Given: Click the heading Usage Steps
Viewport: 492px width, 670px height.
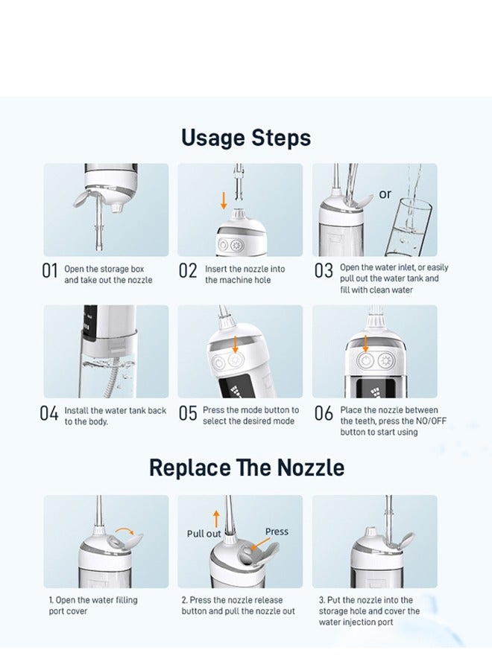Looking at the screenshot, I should point(246,138).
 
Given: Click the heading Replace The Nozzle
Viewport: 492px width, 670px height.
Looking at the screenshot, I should point(246,468).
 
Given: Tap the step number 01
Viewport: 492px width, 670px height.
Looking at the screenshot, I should point(49,272).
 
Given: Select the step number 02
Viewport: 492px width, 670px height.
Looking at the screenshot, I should point(188,272).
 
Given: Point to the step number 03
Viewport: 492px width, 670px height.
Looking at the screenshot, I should point(324,272).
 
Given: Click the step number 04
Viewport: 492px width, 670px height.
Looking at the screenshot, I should point(49,414).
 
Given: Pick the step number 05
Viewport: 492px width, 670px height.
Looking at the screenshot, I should point(188,414).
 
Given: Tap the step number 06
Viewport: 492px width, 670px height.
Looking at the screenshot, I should point(324,414).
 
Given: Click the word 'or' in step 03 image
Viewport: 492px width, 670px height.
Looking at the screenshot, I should point(385,194).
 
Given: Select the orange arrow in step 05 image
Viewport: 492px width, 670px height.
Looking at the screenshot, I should point(236,343).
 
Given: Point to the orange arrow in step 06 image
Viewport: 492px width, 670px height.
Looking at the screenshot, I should point(366,343).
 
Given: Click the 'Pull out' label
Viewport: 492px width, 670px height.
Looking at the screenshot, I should point(204,534).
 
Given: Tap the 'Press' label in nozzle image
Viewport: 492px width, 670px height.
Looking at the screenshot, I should point(277,532).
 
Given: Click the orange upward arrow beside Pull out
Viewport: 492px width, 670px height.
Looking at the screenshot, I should point(217,518).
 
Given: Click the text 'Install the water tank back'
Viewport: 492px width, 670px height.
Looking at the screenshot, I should point(116,410).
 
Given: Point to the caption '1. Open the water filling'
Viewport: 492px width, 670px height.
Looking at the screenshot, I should point(93,600).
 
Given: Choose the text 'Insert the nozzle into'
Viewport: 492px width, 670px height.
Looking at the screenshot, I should point(244,269).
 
